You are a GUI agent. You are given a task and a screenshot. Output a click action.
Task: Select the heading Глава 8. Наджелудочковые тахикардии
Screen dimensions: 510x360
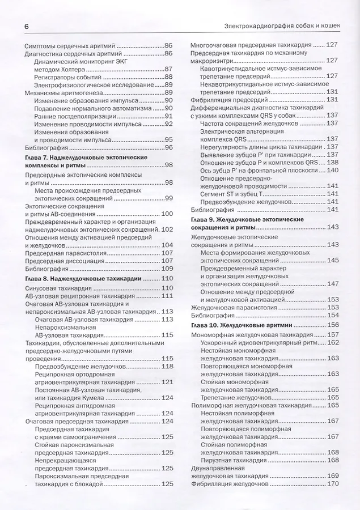[84, 278]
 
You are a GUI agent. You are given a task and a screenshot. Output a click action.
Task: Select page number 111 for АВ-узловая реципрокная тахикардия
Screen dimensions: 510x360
[167, 296]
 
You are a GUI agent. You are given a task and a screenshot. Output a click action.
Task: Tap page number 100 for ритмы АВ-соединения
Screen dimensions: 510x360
[167, 214]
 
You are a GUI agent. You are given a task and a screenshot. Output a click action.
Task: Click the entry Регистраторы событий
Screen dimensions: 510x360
[70, 76]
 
